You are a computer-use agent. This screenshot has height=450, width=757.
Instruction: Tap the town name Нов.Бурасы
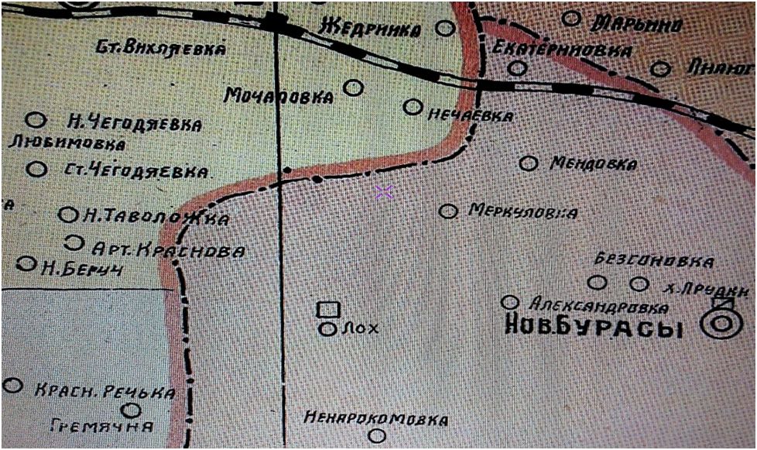593,328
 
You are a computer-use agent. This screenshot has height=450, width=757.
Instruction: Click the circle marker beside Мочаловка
353,88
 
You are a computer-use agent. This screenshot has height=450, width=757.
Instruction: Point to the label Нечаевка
471,116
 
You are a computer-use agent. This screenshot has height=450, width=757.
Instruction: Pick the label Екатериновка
561,50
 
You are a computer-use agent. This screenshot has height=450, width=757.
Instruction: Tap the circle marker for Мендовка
528,163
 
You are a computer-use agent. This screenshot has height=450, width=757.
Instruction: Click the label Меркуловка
522,212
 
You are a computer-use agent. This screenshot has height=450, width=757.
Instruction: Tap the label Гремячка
101,425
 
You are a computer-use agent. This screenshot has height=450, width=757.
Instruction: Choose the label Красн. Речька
105,393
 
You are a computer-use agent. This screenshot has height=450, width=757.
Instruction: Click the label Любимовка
67,143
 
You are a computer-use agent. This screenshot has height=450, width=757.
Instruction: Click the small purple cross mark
384,192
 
